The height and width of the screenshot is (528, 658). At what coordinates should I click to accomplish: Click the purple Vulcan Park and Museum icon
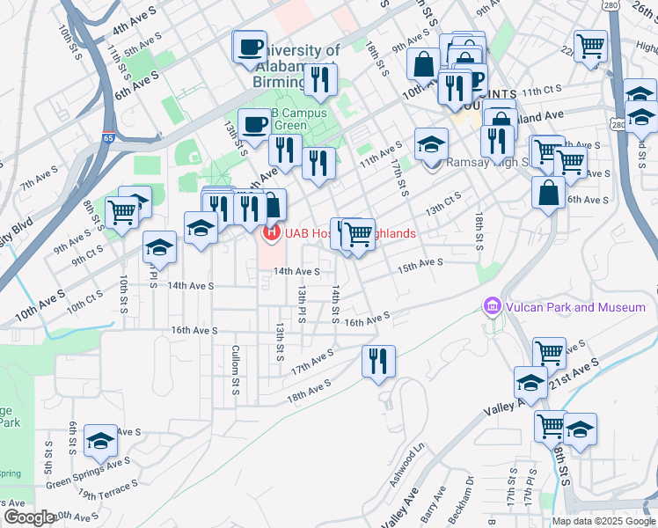(492, 306)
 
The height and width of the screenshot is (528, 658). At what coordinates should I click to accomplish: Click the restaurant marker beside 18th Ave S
(378, 359)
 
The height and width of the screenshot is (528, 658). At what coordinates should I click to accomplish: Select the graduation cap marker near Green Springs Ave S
(100, 440)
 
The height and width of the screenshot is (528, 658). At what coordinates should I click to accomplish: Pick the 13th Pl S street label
(301, 301)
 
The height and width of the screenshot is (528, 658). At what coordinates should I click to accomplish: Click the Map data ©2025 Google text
(603, 521)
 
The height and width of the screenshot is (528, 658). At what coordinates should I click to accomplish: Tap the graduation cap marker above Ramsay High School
(431, 143)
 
